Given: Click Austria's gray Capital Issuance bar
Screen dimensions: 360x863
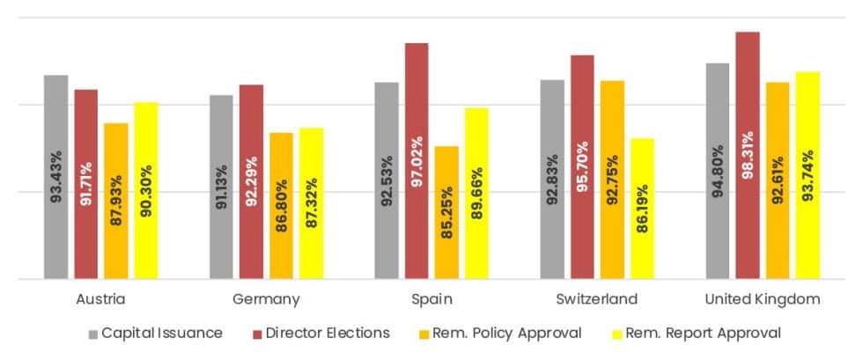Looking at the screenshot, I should coord(56,176).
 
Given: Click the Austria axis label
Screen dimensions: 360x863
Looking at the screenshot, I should coord(100,300).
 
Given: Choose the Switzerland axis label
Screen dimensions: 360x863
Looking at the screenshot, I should coord(596,300).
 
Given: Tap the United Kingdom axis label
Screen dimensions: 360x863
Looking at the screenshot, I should coord(763,300).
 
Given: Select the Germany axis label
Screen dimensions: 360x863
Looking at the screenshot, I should coord(266,300).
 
